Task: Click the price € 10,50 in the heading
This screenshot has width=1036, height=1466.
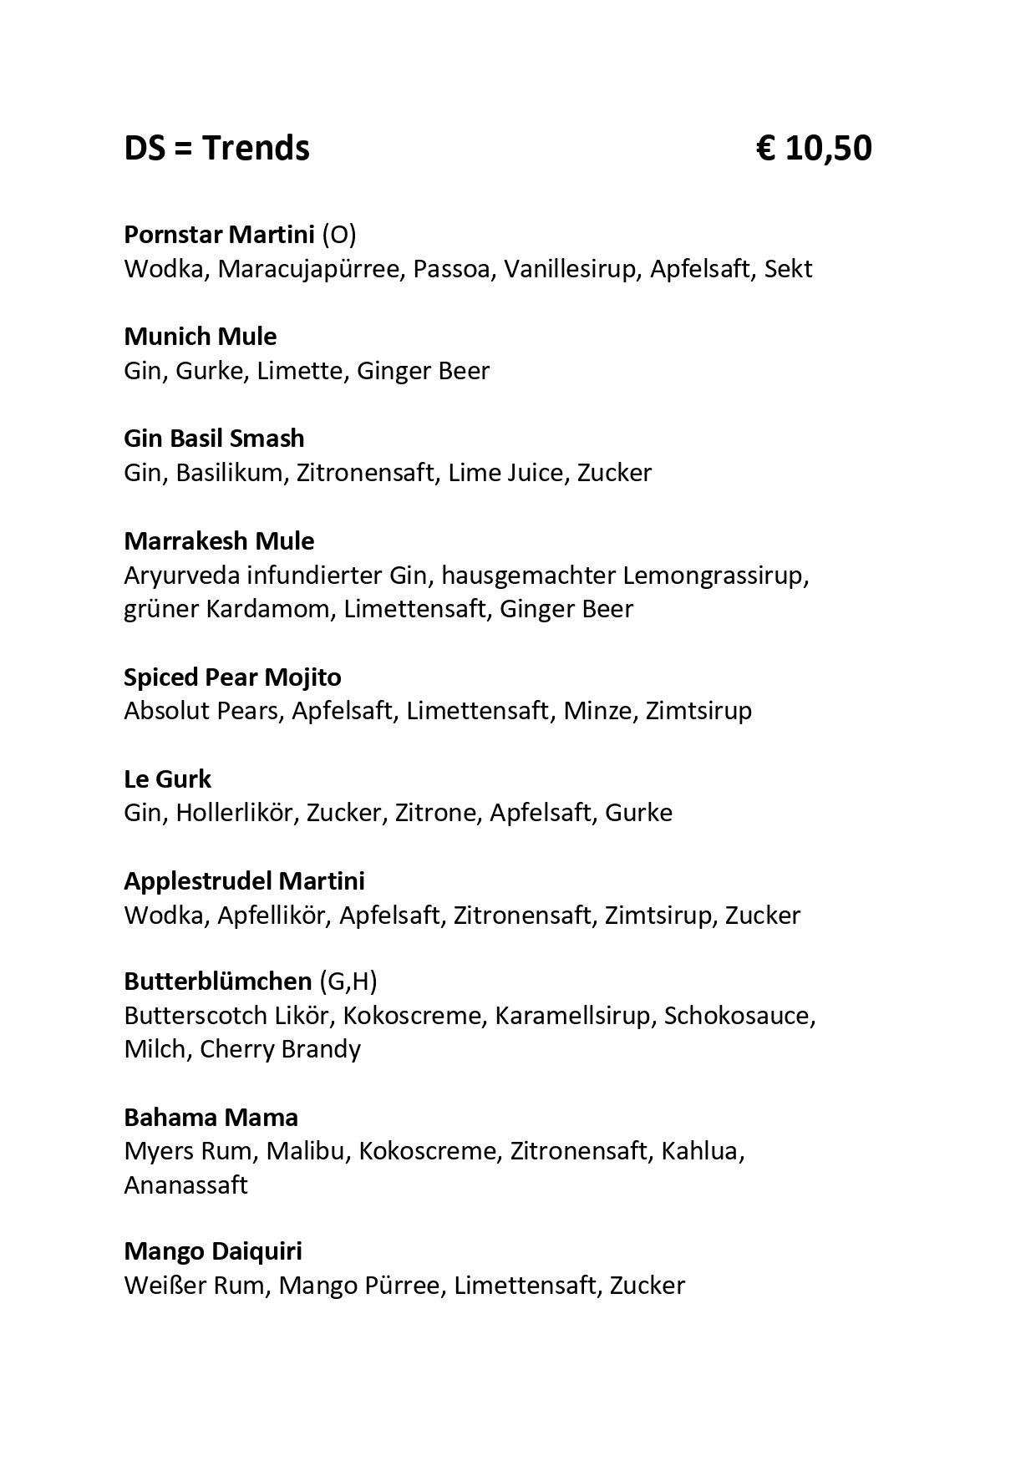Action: coord(814,149)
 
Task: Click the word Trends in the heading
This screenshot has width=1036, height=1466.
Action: coord(256,149)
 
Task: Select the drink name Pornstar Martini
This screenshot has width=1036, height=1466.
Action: coord(219,235)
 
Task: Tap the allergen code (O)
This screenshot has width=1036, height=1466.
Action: coord(339,235)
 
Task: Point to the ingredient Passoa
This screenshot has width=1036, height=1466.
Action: coord(450,269)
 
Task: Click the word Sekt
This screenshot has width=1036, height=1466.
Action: coord(788,269)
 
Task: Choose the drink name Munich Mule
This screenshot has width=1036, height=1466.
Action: coord(200,337)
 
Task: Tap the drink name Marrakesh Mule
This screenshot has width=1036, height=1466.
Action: coord(219,541)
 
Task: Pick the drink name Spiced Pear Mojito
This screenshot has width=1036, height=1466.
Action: coord(232,677)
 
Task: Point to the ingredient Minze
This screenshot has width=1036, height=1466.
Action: coord(597,711)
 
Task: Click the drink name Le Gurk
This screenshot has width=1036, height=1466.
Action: coord(167,779)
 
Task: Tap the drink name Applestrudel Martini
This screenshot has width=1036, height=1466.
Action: coord(244,881)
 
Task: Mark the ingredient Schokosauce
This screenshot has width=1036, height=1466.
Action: coord(739,1016)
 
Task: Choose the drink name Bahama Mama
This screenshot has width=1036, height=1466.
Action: coord(211,1117)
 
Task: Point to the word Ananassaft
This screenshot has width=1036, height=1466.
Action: coord(185,1185)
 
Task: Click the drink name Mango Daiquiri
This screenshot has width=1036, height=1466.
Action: coord(213,1251)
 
